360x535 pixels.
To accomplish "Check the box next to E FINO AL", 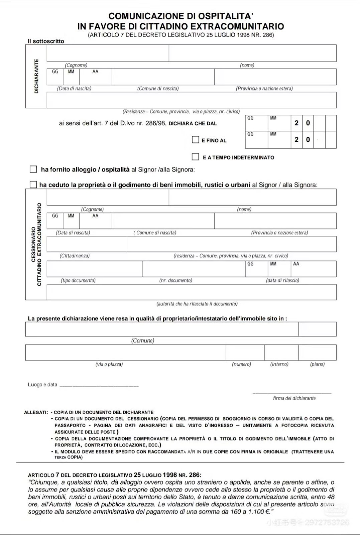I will click(196, 140).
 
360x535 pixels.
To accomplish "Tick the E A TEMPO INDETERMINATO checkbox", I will click(196, 157).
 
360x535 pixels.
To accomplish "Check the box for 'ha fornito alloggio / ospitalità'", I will click(33, 169).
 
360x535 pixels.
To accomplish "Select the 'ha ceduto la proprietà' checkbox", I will click(33, 185).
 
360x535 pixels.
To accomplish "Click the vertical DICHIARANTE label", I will click(36, 76).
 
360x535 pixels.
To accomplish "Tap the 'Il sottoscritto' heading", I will click(46, 41).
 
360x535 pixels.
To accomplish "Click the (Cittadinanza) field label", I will click(75, 256).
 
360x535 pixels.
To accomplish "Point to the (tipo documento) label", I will click(78, 281).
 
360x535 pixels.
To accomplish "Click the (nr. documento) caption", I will click(175, 281).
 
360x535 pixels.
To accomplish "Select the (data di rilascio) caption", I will click(282, 281).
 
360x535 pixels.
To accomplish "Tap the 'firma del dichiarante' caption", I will click(294, 398).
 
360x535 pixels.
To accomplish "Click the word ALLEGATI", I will click(36, 413).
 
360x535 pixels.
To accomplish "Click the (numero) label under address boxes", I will click(241, 364).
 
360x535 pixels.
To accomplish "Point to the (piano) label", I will click(317, 364).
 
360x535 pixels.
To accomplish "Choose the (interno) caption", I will click(279, 364).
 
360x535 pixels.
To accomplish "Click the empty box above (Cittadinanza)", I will click(87, 244).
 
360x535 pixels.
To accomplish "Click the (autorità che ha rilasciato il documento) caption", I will click(197, 304).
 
